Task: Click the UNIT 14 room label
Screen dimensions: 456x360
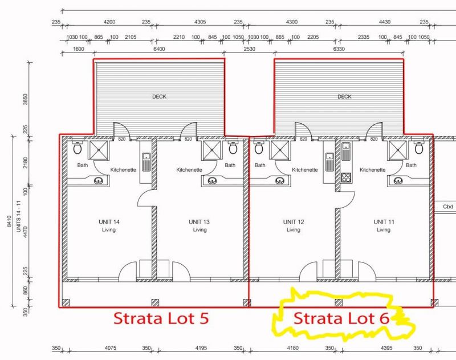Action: [x=109, y=222]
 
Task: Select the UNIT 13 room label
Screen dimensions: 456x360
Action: [x=199, y=222]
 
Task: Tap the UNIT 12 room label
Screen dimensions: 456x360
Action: [x=294, y=222]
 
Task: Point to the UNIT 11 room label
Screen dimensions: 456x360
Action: [x=384, y=222]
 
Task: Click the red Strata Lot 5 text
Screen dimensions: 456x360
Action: [x=161, y=318]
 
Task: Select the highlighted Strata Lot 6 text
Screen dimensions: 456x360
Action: [x=341, y=318]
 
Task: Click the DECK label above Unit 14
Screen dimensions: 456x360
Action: [x=160, y=96]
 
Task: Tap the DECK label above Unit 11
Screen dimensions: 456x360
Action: [x=345, y=96]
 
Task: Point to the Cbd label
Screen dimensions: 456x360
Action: [x=448, y=207]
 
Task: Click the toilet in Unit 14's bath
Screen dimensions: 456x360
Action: [x=78, y=148]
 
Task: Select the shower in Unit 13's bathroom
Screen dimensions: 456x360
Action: [x=211, y=150]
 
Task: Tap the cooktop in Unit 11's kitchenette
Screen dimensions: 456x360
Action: [x=346, y=177]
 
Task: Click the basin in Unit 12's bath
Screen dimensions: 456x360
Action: [x=280, y=181]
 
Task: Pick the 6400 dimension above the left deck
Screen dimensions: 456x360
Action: [x=159, y=49]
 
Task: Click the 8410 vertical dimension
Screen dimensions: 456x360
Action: [x=9, y=221]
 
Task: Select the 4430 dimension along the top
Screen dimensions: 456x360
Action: [x=385, y=22]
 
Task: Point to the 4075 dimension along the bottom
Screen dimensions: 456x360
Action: [x=110, y=348]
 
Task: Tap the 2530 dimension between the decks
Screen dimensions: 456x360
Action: [x=249, y=49]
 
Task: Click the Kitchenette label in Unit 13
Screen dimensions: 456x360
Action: [x=189, y=169]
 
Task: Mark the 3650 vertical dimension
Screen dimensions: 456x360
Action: [x=26, y=99]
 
